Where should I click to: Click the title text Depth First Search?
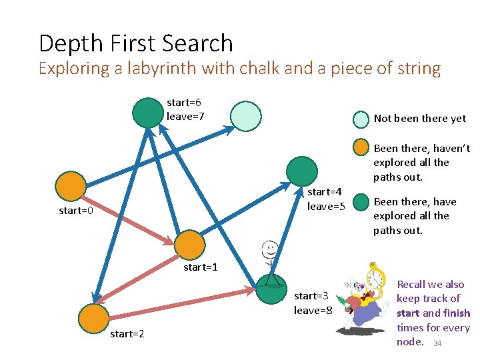(x=136, y=44)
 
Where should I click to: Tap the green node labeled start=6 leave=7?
(x=147, y=112)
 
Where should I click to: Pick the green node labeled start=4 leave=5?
(x=302, y=171)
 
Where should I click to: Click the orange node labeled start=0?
(x=71, y=187)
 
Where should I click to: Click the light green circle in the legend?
(x=361, y=119)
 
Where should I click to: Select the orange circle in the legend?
(x=361, y=148)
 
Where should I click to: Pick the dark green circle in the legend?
(x=361, y=202)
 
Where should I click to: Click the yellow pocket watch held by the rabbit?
(x=376, y=279)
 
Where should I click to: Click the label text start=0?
(x=76, y=211)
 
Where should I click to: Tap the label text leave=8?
(x=313, y=310)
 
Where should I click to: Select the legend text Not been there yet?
(x=420, y=119)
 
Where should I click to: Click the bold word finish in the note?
(x=457, y=313)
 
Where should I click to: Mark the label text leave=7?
(x=185, y=117)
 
